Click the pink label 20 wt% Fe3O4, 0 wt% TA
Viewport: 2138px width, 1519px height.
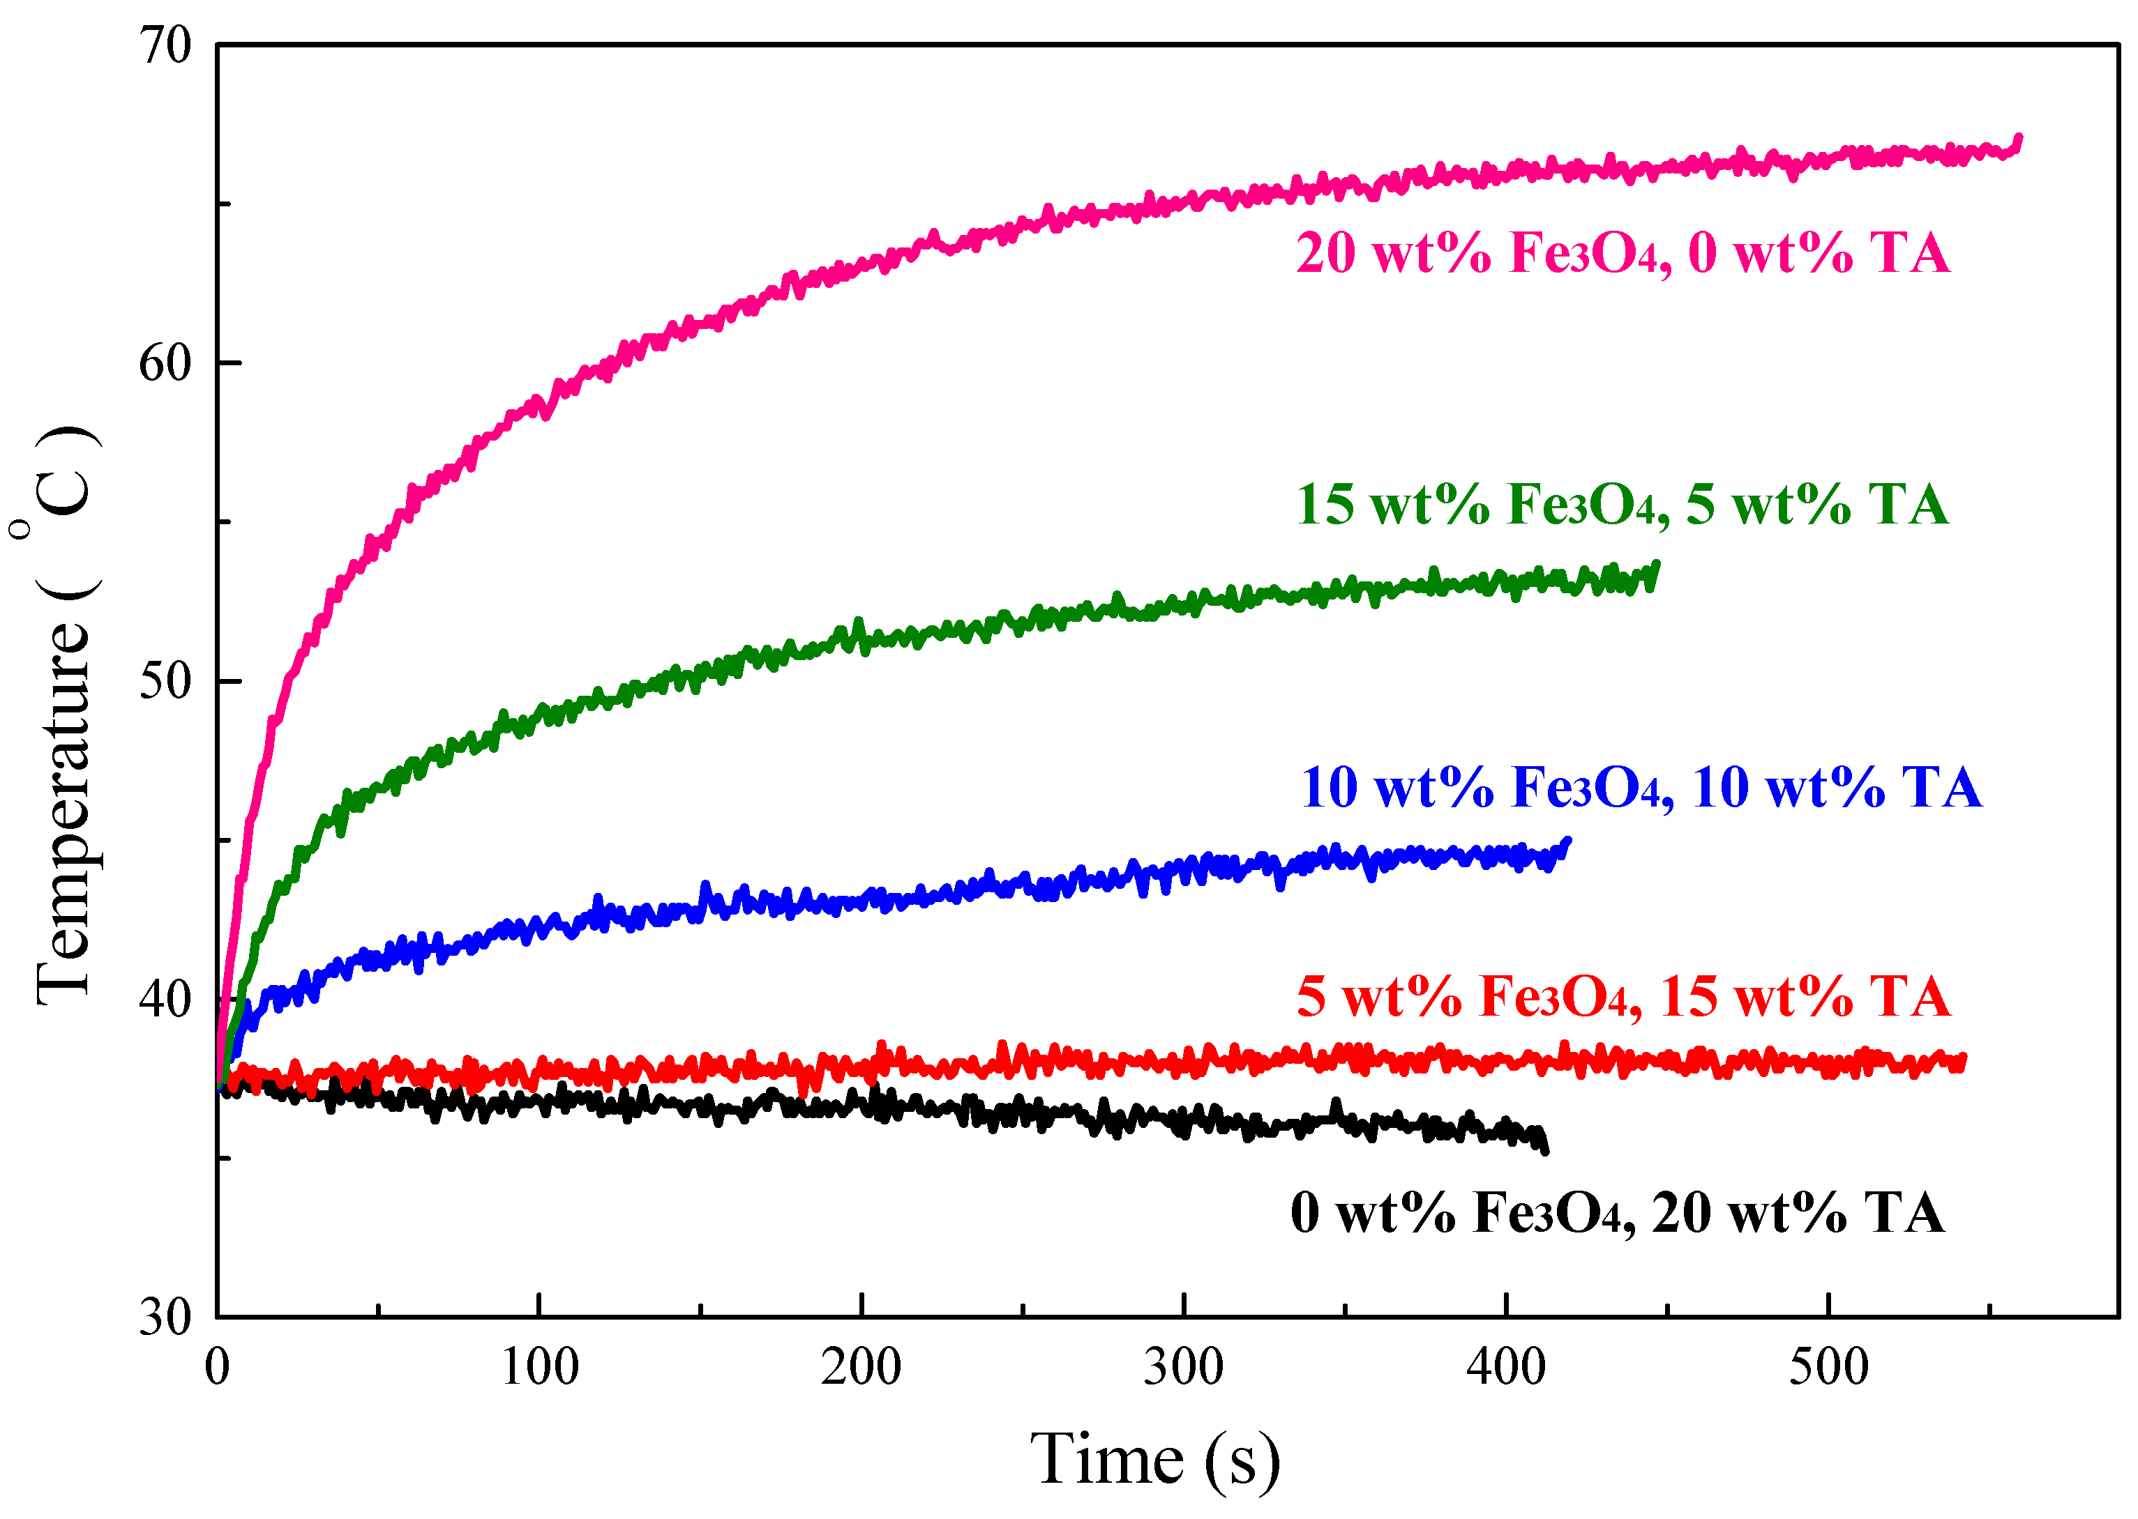[1623, 254]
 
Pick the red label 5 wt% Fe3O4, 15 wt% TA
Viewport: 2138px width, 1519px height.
[1623, 996]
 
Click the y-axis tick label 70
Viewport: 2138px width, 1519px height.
[165, 45]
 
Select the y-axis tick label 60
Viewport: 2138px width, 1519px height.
[165, 363]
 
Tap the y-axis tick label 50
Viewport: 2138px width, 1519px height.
[165, 681]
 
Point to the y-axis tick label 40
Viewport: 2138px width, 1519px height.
[165, 999]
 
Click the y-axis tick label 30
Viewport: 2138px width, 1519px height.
[165, 1317]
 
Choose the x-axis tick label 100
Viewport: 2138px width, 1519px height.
[540, 1368]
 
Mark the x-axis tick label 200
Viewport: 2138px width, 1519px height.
[861, 1368]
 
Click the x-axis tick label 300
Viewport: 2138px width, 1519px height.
[1184, 1368]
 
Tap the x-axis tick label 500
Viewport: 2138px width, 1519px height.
[1828, 1368]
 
